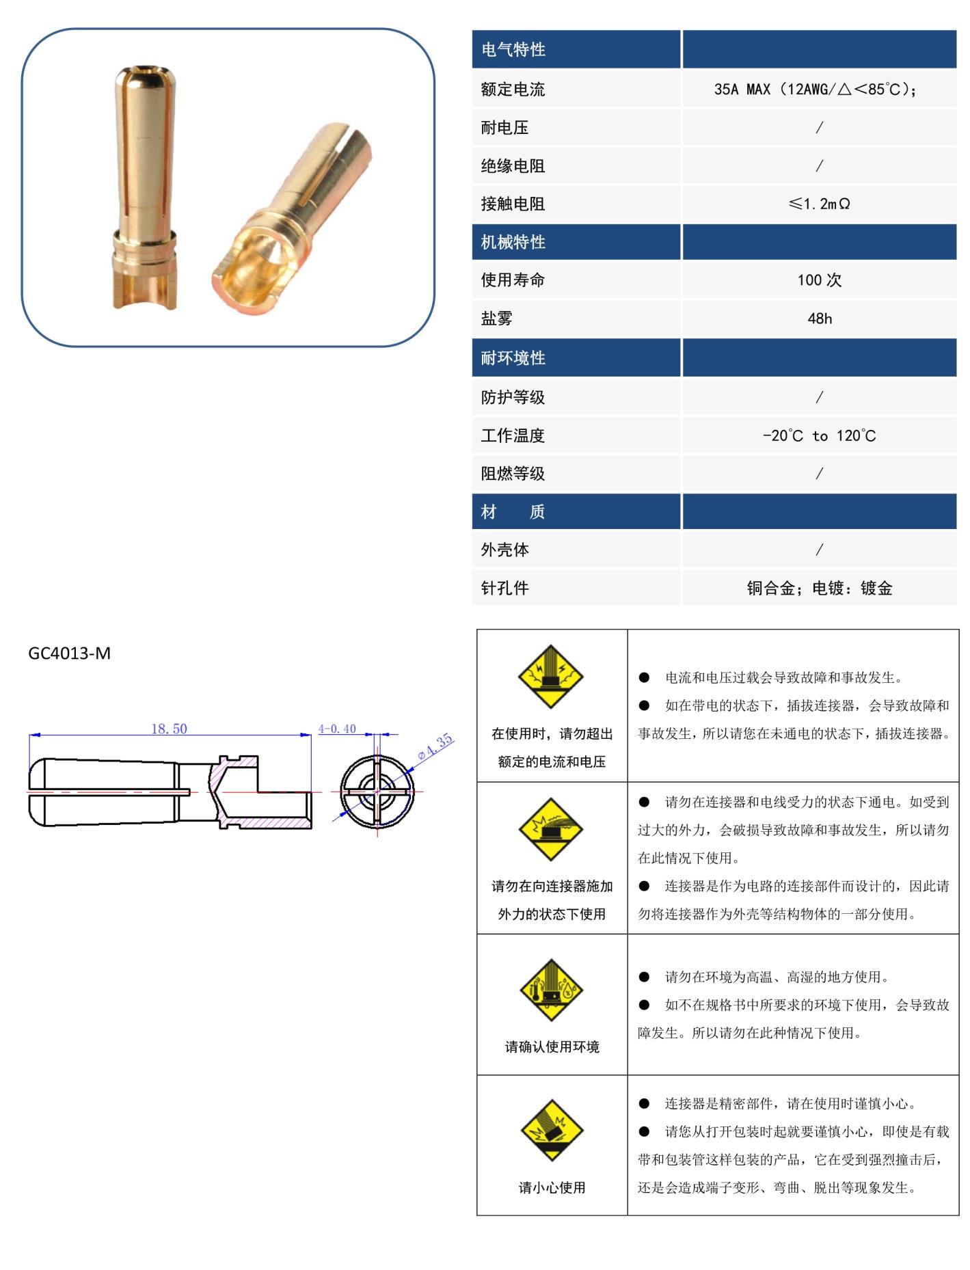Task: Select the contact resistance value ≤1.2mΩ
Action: point(819,204)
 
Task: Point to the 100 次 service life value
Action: point(819,280)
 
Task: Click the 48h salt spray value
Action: point(819,318)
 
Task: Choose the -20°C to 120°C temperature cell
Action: point(819,435)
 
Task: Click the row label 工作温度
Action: point(513,435)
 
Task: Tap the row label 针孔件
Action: point(504,588)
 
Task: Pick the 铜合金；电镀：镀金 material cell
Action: point(819,588)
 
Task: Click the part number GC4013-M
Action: point(69,653)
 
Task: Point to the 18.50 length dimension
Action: point(169,729)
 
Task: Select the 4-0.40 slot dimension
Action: point(337,729)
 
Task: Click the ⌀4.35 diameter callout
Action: point(435,746)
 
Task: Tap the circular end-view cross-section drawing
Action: point(377,792)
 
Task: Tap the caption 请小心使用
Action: point(551,1187)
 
